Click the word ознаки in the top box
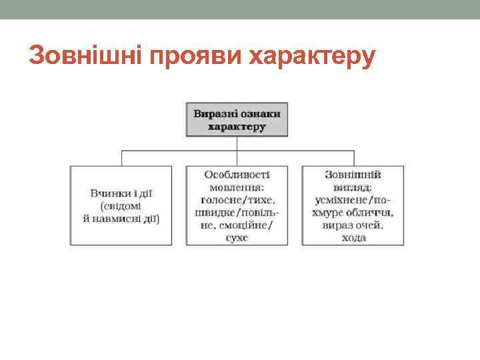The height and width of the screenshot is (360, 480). (259, 113)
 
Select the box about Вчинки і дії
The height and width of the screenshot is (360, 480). (121, 205)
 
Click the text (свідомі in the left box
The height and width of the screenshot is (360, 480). (121, 205)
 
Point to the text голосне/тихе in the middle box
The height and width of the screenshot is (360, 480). (238, 199)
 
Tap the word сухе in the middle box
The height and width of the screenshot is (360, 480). (237, 237)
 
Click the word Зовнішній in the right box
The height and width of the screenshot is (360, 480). (353, 175)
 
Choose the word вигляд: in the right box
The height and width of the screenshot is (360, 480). (353, 187)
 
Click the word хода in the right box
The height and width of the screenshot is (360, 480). (353, 237)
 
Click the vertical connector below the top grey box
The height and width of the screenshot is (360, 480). (237, 143)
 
